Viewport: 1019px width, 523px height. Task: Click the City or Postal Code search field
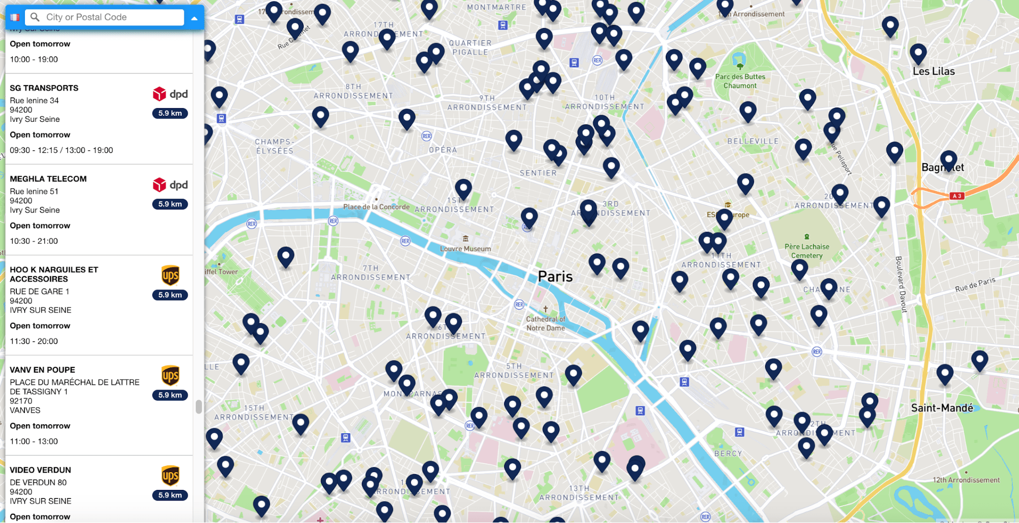pos(107,17)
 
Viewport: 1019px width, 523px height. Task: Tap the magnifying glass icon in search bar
pos(35,17)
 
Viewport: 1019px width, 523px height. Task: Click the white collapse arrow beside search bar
pos(194,18)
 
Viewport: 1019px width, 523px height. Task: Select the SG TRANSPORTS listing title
pos(44,88)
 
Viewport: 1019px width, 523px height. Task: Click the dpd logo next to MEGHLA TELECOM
pos(170,185)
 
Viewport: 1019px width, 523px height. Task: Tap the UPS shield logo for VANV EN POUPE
pos(170,376)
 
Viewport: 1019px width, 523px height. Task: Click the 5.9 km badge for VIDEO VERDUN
pos(170,495)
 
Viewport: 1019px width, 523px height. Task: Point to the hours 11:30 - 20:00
pos(34,342)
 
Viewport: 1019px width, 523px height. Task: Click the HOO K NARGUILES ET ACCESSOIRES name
pos(54,274)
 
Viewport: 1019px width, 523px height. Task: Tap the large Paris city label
pos(555,277)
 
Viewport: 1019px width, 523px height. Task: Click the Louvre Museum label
pos(465,249)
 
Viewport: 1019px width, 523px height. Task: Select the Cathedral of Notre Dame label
pos(545,324)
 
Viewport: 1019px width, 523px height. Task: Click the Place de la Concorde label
pos(376,207)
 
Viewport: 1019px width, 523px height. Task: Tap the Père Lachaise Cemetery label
pos(806,251)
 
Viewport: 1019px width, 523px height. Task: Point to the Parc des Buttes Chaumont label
pos(740,81)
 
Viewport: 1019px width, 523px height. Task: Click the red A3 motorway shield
pos(956,196)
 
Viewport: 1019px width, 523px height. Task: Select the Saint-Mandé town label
pos(942,408)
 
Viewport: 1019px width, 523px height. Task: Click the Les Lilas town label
pos(933,72)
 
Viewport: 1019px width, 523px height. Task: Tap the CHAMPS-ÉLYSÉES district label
pos(275,146)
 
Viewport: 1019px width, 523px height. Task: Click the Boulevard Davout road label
pos(901,284)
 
